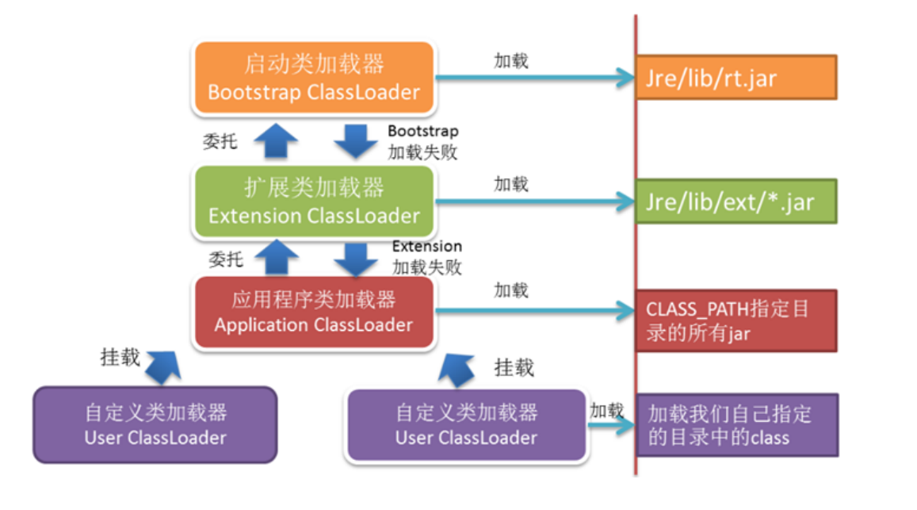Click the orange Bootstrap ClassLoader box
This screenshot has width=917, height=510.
[313, 77]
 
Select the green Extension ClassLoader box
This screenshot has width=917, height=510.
[313, 201]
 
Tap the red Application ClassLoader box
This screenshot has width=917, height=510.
[313, 312]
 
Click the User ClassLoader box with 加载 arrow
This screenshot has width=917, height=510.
[466, 425]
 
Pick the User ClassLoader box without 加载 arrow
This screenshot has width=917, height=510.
[155, 425]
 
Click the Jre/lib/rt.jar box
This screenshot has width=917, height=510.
[736, 78]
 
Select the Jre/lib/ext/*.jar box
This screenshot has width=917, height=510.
[736, 201]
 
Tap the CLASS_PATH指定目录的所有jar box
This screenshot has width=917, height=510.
[736, 320]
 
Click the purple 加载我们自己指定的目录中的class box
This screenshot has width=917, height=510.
[736, 425]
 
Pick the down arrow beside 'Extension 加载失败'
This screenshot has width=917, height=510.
[357, 257]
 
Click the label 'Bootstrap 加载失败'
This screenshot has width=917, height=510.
[422, 141]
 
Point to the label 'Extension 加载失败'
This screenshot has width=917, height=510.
[426, 256]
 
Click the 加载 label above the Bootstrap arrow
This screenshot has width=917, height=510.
[511, 60]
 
